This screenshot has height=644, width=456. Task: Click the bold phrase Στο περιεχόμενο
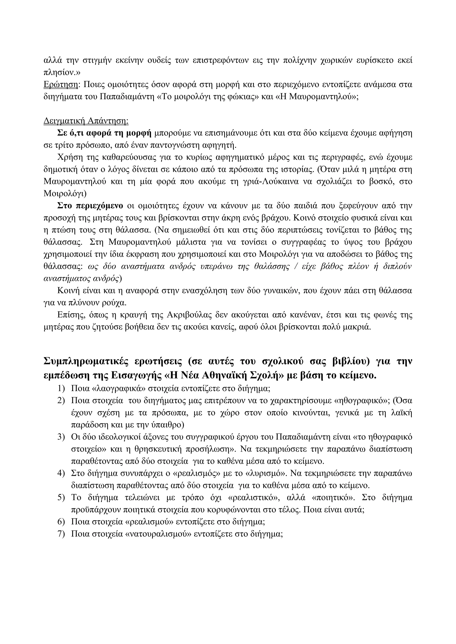coord(90,206)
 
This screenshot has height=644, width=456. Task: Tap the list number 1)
coord(61,388)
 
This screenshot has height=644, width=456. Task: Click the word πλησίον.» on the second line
coord(62,72)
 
